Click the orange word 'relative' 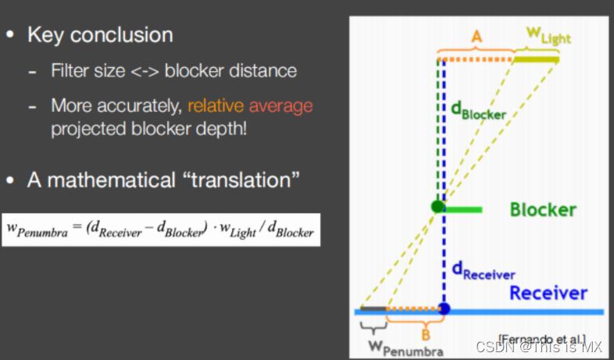click(x=216, y=105)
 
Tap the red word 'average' click(x=280, y=106)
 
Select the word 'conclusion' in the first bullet click(x=121, y=35)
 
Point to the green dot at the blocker click(x=437, y=206)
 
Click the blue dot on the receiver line click(x=444, y=308)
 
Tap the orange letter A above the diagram click(x=477, y=37)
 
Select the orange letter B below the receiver click(x=426, y=335)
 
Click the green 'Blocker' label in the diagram click(x=543, y=210)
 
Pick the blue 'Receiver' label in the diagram click(x=548, y=293)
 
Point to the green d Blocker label click(x=479, y=110)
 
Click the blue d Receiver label click(x=484, y=271)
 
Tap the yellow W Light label click(x=548, y=36)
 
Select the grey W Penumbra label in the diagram click(x=405, y=348)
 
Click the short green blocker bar click(x=463, y=210)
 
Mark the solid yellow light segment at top click(x=537, y=59)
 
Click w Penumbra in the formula click(x=37, y=230)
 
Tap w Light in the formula click(x=238, y=230)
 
